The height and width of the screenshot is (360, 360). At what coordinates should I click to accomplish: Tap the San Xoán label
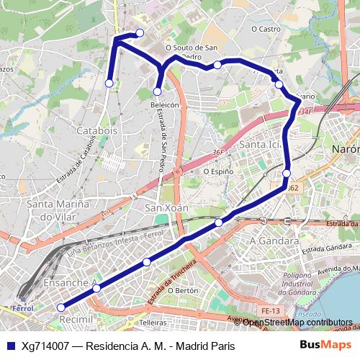[x=167, y=208]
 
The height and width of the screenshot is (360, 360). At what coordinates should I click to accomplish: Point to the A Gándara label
[x=274, y=241]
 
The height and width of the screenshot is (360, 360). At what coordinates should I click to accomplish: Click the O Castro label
[x=265, y=30]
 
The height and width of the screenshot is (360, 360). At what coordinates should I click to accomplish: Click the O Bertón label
[x=182, y=290]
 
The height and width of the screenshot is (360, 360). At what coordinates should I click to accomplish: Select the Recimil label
[x=76, y=318]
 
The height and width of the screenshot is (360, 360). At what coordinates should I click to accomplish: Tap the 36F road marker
[x=218, y=153]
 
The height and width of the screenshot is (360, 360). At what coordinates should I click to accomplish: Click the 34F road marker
[x=305, y=112]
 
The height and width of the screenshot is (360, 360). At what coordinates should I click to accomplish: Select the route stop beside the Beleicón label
[x=157, y=91]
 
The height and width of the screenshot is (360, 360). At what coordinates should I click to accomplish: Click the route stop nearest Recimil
[x=60, y=307]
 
